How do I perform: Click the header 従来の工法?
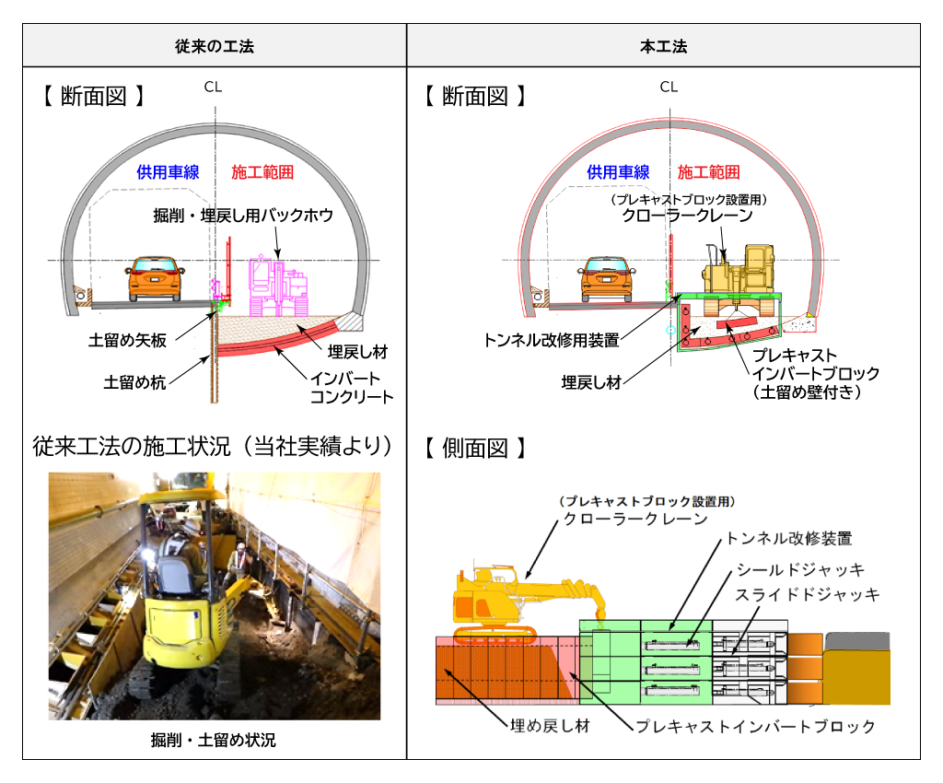click(x=215, y=46)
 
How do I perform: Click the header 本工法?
click(x=663, y=46)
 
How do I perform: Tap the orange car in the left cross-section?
click(x=155, y=277)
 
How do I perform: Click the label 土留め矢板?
click(x=134, y=341)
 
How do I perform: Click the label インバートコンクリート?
click(x=351, y=387)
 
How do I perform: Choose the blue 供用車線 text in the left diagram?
click(x=168, y=172)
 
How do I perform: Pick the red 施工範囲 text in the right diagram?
click(x=708, y=172)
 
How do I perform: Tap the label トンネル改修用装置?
click(x=551, y=340)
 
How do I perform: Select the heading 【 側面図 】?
click(x=475, y=449)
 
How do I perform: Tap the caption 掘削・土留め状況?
click(x=214, y=740)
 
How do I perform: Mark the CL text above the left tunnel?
click(x=214, y=88)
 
